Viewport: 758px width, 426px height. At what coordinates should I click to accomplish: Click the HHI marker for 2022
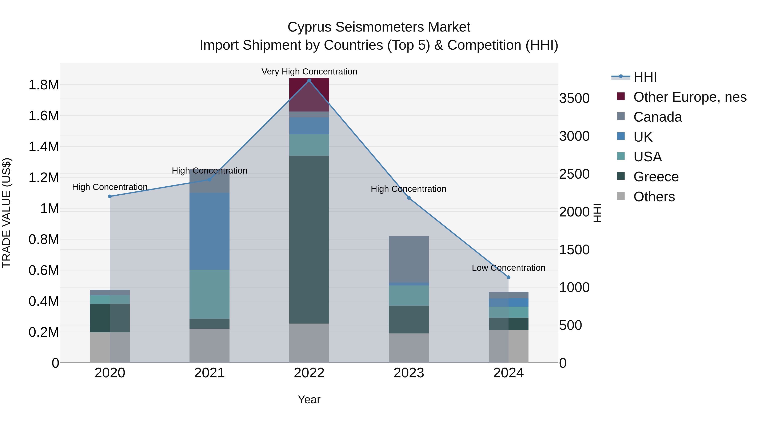pos(309,81)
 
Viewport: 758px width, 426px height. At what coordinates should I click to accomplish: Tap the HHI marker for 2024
pos(508,277)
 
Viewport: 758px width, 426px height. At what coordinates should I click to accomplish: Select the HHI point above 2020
pos(110,196)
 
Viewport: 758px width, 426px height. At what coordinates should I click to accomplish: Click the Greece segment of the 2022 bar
pos(309,240)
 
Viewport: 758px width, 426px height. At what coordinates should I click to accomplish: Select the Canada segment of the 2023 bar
pos(409,259)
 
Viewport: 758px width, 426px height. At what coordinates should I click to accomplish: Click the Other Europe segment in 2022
pos(309,95)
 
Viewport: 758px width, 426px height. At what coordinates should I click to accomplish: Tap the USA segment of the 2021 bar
pos(209,294)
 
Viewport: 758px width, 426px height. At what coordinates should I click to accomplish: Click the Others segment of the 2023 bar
pos(409,348)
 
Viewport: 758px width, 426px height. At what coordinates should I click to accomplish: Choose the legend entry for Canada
pos(657,117)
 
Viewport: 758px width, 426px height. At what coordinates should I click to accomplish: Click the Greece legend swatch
pos(621,176)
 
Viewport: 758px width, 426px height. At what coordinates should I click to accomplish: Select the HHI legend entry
pos(645,77)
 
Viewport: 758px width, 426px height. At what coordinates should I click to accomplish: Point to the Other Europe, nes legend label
pos(690,97)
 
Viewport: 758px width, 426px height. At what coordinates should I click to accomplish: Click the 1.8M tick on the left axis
pos(44,85)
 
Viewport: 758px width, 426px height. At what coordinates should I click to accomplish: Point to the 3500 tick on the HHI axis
pos(574,98)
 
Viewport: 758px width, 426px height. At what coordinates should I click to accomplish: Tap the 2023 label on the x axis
pos(409,373)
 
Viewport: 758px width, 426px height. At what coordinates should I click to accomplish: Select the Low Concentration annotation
pos(508,268)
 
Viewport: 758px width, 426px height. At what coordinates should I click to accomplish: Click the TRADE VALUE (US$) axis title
pos(7,213)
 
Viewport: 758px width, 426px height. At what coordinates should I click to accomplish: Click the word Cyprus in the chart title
pos(310,27)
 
